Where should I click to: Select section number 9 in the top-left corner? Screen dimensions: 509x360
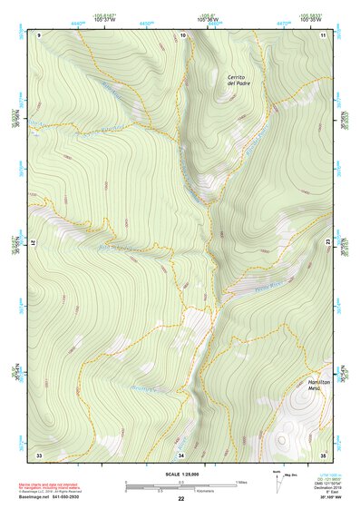(x=39, y=34)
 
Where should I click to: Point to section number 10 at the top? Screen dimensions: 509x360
(x=182, y=34)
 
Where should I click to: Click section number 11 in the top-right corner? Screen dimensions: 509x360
(x=323, y=34)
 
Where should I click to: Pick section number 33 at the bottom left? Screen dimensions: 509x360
(x=39, y=454)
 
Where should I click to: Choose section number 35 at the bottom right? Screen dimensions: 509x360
(x=323, y=454)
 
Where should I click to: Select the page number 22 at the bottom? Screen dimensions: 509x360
(x=180, y=498)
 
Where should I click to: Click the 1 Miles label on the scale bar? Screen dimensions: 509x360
(x=241, y=481)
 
